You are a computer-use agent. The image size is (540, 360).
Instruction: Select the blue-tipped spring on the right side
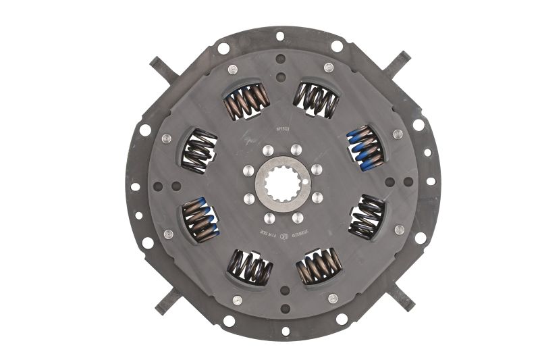pyautogui.click(x=365, y=146)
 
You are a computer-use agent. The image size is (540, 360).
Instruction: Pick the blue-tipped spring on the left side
pyautogui.click(x=200, y=220)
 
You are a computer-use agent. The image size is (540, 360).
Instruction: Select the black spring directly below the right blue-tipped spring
pyautogui.click(x=367, y=217)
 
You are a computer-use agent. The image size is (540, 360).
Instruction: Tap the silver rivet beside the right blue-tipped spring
pyautogui.click(x=398, y=134)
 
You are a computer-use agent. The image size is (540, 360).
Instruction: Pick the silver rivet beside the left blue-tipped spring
pyautogui.click(x=169, y=234)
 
